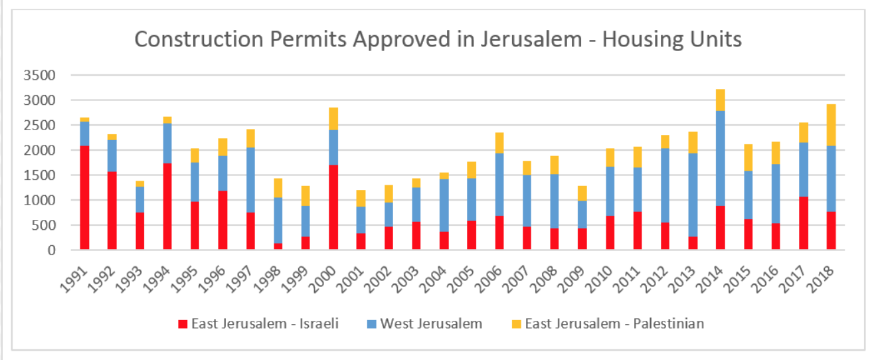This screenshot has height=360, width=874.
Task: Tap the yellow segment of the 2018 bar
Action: [831, 125]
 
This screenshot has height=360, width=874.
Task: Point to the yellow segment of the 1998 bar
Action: [278, 188]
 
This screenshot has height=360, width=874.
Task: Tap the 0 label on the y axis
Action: [50, 250]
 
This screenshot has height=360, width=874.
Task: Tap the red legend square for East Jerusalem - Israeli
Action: [183, 324]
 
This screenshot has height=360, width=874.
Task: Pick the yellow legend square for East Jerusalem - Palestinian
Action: [515, 324]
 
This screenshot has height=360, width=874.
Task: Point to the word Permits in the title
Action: [309, 40]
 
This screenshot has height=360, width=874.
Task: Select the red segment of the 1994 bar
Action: [167, 207]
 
